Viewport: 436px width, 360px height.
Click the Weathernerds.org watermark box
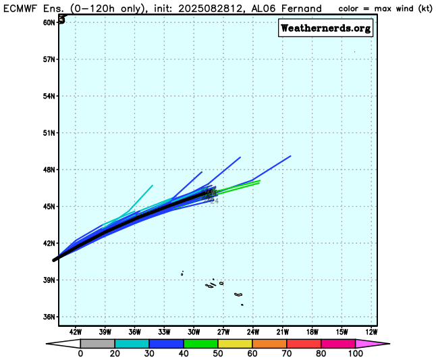[x=325, y=28]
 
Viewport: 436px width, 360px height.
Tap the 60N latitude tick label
[x=49, y=22]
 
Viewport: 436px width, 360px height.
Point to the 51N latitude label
[x=49, y=132]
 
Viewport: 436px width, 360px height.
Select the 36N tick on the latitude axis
[x=49, y=316]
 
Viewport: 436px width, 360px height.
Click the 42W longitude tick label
[x=75, y=332]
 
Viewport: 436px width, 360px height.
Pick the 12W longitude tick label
[x=371, y=332]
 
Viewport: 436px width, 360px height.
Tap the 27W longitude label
[x=223, y=332]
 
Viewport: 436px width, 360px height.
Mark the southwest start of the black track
[x=54, y=259]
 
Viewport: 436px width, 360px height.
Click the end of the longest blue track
[x=290, y=156]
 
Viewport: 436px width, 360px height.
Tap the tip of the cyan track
[x=153, y=185]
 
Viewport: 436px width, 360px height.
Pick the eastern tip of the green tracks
[x=260, y=180]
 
